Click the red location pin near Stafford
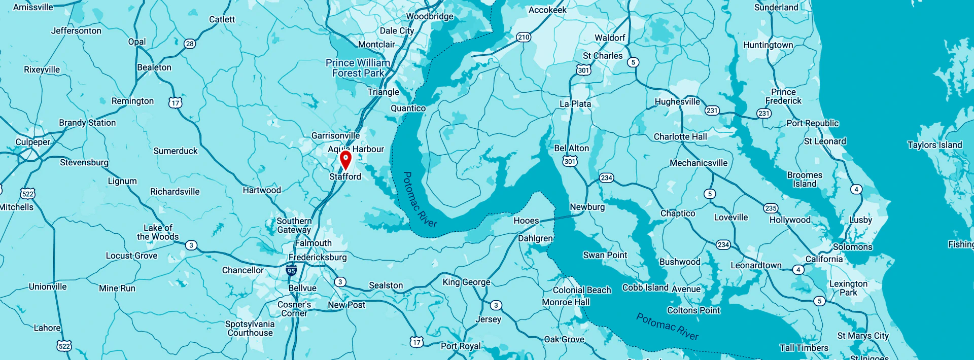pyautogui.click(x=345, y=159)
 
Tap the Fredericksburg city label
pyautogui.click(x=318, y=257)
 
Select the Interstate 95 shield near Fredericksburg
pyautogui.click(x=291, y=271)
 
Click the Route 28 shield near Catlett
pyautogui.click(x=190, y=44)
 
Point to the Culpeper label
pyautogui.click(x=33, y=142)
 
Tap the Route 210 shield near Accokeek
pyautogui.click(x=524, y=37)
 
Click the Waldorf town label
pyautogui.click(x=610, y=38)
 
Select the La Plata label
pyautogui.click(x=575, y=104)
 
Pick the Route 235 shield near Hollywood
pyautogui.click(x=771, y=208)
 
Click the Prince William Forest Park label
pyautogui.click(x=358, y=68)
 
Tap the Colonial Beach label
pyautogui.click(x=582, y=290)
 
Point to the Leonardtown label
pyautogui.click(x=756, y=265)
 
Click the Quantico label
pyautogui.click(x=408, y=108)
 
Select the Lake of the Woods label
pyautogui.click(x=158, y=232)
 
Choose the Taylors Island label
pyautogui.click(x=934, y=145)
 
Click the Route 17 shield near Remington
pyautogui.click(x=175, y=103)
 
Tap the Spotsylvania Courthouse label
pyautogui.click(x=250, y=329)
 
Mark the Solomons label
pyautogui.click(x=852, y=247)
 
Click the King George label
pyautogui.click(x=466, y=282)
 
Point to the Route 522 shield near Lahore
pyautogui.click(x=64, y=346)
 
